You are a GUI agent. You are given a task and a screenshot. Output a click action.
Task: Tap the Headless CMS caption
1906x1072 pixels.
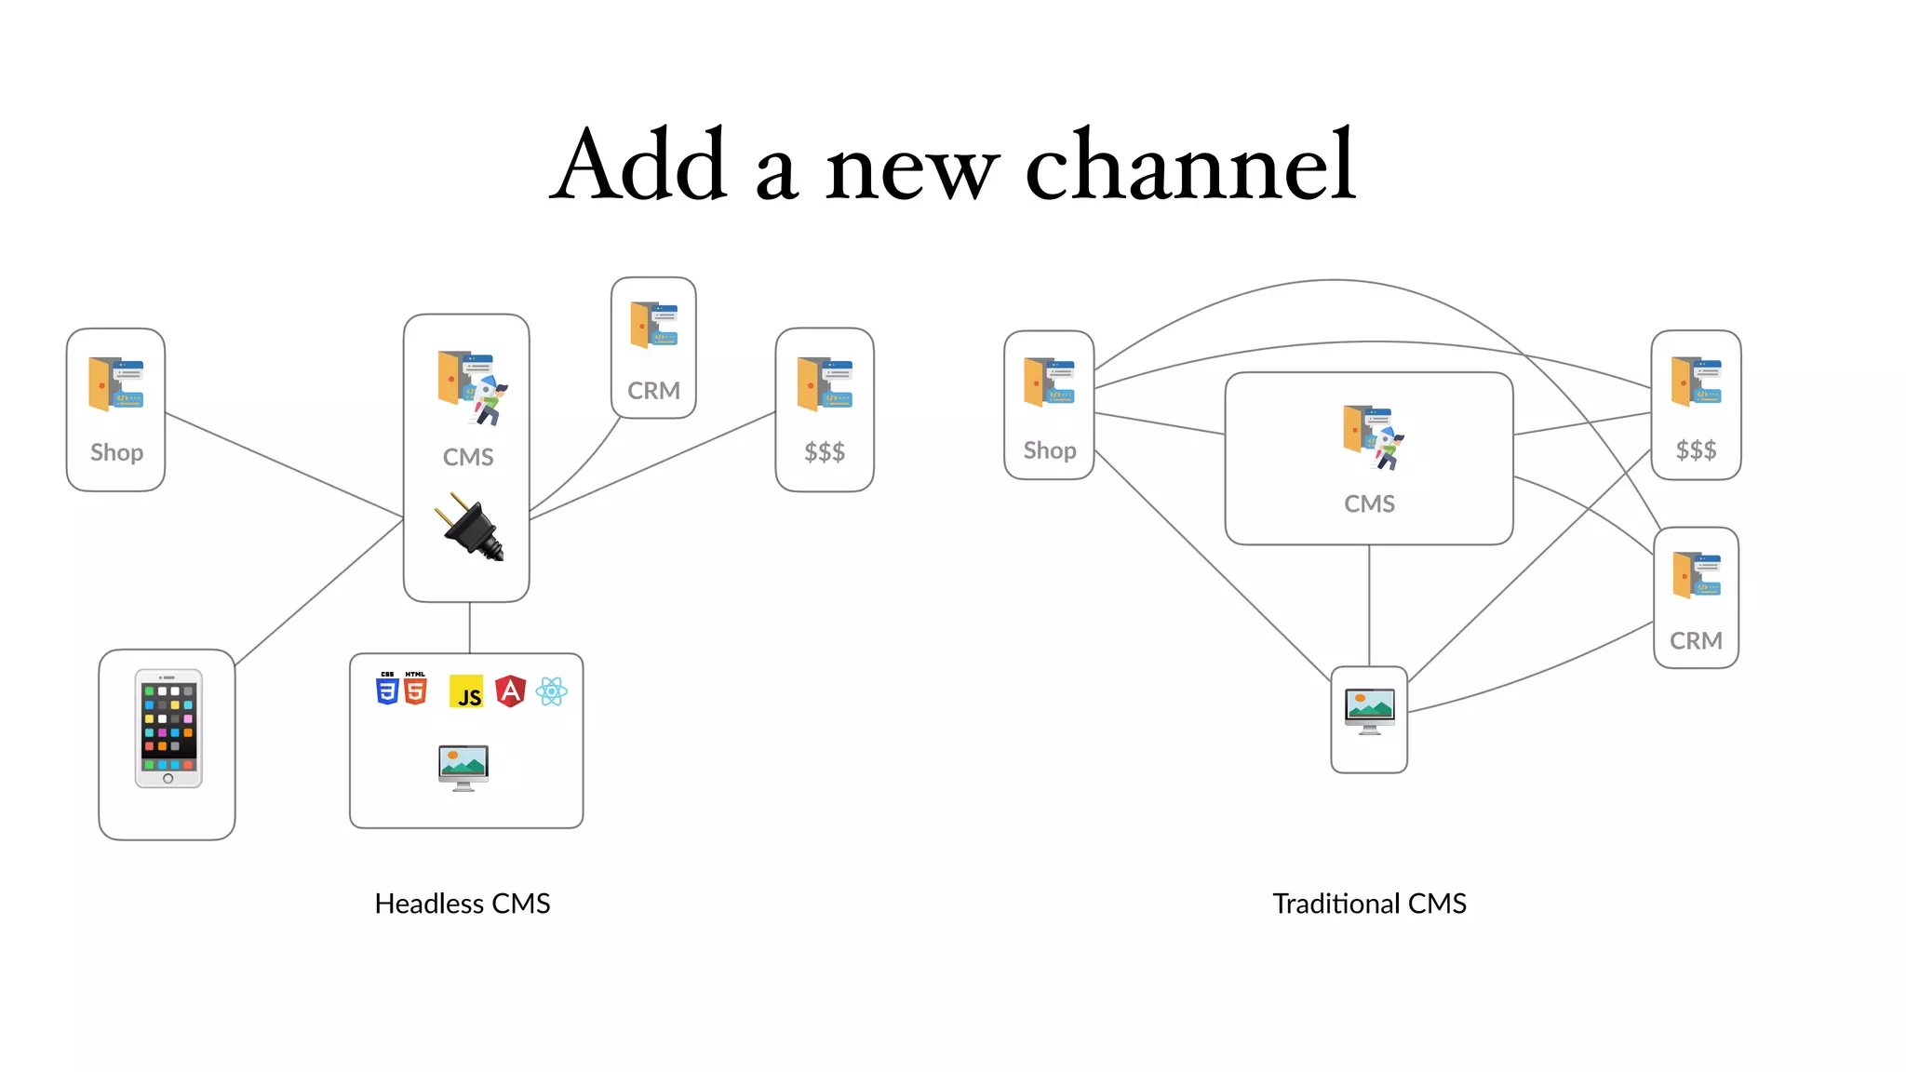click(x=462, y=904)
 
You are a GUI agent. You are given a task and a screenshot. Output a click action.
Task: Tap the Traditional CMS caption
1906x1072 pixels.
click(x=1369, y=904)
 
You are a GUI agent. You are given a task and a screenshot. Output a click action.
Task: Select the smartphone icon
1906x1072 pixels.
click(x=168, y=729)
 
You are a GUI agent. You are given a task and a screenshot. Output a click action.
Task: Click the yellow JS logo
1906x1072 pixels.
click(x=466, y=692)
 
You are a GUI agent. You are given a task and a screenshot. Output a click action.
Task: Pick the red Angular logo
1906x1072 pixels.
click(x=510, y=691)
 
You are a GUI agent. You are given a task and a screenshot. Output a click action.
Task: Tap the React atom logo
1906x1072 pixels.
click(x=552, y=691)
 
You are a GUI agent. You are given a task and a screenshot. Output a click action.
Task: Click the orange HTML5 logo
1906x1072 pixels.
click(x=415, y=689)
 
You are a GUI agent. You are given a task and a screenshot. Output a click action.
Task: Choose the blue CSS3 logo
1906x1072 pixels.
click(x=387, y=689)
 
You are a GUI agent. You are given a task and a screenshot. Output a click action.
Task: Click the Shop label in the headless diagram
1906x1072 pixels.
click(x=117, y=452)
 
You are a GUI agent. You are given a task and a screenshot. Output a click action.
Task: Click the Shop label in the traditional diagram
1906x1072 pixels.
click(x=1050, y=450)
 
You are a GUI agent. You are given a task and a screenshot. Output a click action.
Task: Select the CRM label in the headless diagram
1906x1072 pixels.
click(x=653, y=391)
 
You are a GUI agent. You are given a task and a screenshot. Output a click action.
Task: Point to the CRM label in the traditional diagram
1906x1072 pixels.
click(x=1696, y=641)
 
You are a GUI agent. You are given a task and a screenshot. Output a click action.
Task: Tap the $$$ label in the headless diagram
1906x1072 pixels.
click(x=825, y=452)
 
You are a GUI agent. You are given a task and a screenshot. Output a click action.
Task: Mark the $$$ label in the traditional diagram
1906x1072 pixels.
click(x=1696, y=450)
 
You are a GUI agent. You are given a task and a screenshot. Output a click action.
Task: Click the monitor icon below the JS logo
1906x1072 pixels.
click(x=463, y=767)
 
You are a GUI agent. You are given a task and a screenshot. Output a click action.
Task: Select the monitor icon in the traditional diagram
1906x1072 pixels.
click(x=1369, y=712)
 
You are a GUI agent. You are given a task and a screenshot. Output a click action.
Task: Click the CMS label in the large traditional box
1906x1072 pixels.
click(x=1369, y=503)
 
